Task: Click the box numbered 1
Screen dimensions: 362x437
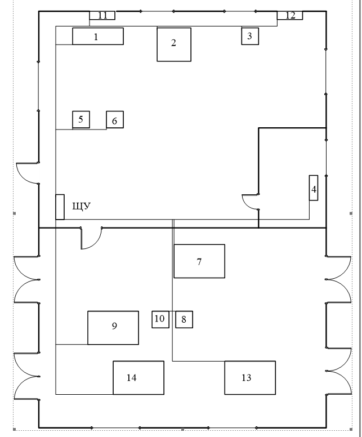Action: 98,36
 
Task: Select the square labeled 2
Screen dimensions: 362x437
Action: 174,44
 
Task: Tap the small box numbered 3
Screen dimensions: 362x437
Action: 250,36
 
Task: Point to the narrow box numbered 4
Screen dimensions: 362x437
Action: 314,188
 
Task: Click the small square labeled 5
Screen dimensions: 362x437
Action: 81,119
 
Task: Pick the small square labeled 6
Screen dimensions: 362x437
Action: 115,119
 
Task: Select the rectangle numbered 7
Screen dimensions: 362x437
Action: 199,261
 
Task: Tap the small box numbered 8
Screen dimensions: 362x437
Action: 184,319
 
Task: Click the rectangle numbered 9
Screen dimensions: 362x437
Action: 113,328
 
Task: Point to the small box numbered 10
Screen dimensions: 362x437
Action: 160,319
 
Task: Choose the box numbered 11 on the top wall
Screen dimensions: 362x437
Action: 102,15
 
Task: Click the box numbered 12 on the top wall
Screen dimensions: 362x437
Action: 290,15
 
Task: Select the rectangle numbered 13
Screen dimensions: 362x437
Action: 250,378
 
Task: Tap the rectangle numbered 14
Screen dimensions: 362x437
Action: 138,378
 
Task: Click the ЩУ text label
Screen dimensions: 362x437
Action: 82,207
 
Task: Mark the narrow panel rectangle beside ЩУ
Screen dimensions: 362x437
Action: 60,207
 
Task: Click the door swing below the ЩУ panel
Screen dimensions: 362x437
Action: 95,243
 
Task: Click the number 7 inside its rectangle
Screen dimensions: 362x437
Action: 199,262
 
